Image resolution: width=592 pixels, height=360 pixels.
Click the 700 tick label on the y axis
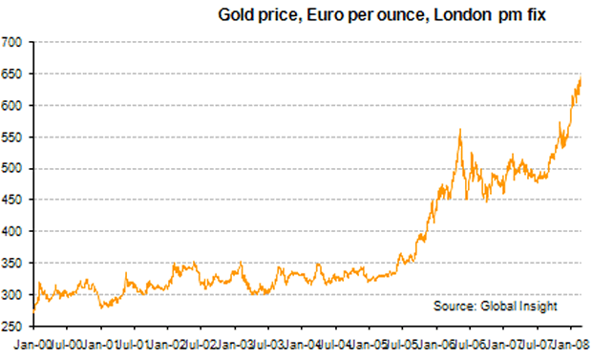[12, 42]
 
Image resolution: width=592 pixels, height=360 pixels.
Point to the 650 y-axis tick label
[12, 74]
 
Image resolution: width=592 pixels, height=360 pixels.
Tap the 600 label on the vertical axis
[12, 105]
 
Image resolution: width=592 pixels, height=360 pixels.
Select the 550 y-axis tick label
[12, 137]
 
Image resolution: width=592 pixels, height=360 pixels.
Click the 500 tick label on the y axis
[12, 169]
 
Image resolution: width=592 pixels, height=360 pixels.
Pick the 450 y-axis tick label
[12, 201]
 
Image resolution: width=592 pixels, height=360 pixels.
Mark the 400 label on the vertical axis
[12, 232]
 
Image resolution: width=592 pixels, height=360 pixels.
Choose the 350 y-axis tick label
[12, 264]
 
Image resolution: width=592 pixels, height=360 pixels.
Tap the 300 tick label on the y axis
[12, 295]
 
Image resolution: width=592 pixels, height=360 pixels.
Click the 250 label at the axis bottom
[12, 327]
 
